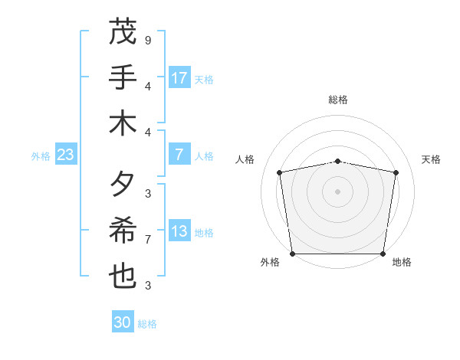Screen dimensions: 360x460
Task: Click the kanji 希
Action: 123,231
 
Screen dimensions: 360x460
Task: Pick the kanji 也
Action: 123,277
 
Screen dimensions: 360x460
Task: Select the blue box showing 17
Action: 179,77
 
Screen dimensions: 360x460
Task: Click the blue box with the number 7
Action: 179,155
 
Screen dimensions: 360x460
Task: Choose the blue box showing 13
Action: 179,231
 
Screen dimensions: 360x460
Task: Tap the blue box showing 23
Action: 66,155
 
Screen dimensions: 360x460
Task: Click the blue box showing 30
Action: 123,323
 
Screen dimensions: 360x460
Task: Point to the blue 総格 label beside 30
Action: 147,324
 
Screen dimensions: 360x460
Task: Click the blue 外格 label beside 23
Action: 41,155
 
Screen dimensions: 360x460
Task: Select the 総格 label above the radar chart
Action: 337,100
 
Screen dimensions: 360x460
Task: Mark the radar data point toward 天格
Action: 396,172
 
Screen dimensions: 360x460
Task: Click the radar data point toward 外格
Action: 292,254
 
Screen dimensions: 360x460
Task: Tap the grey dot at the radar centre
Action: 337,191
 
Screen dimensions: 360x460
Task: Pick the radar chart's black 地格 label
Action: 402,263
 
